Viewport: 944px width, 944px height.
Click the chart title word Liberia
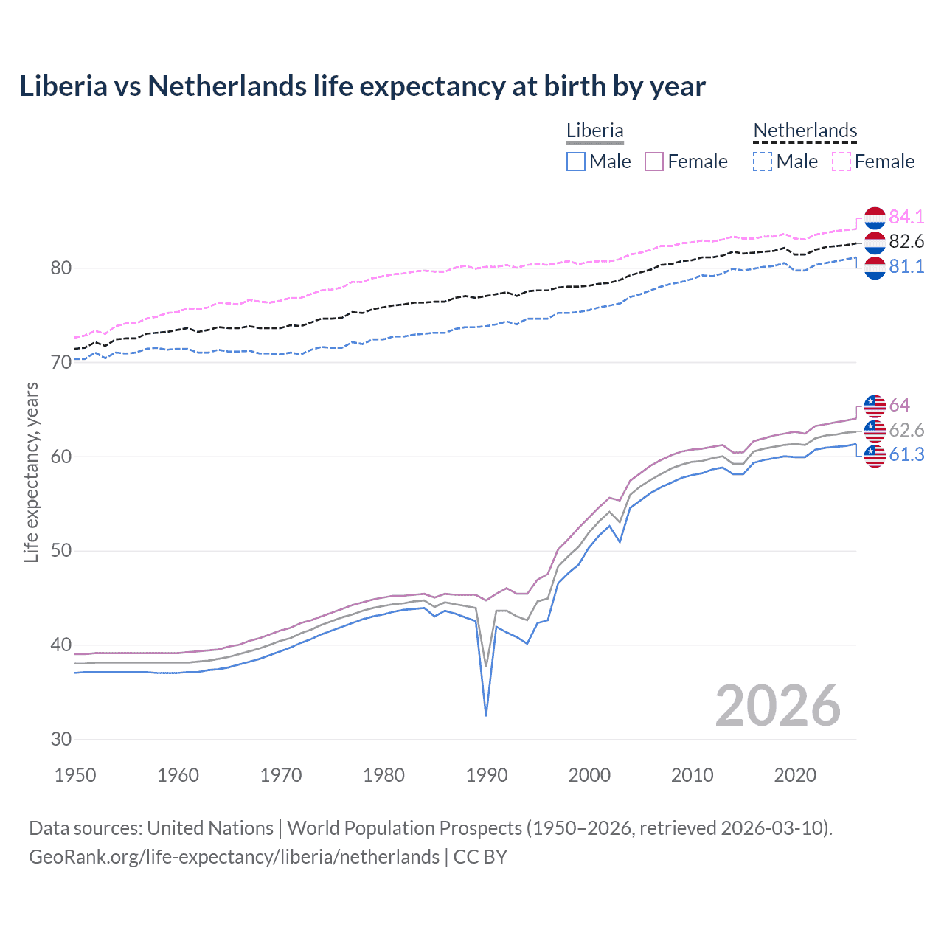pyautogui.click(x=63, y=86)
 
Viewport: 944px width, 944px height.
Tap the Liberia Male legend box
pyautogui.click(x=576, y=162)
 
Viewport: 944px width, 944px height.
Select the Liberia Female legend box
pyautogui.click(x=654, y=162)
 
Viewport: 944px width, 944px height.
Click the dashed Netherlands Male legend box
pyautogui.click(x=763, y=162)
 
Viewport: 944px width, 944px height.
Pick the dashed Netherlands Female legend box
pyautogui.click(x=841, y=162)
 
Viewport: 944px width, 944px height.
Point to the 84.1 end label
pyautogui.click(x=906, y=217)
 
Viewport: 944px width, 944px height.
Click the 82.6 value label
pyautogui.click(x=906, y=242)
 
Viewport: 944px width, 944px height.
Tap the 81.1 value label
pyautogui.click(x=906, y=267)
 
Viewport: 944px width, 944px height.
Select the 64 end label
pyautogui.click(x=899, y=405)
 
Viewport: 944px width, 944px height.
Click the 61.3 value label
pyautogui.click(x=906, y=455)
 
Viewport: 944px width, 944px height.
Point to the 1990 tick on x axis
pyautogui.click(x=487, y=775)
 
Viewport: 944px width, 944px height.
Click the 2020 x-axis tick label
pyautogui.click(x=795, y=775)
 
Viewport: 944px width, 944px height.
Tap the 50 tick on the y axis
pyautogui.click(x=61, y=551)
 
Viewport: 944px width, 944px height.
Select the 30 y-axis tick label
pyautogui.click(x=61, y=739)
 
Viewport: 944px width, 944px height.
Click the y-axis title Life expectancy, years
pyautogui.click(x=32, y=473)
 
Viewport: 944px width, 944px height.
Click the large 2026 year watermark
pyautogui.click(x=777, y=706)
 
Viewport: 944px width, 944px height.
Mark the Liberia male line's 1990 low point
pyautogui.click(x=486, y=715)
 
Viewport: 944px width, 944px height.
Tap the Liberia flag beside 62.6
pyautogui.click(x=875, y=430)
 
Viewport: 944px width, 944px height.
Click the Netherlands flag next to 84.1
pyautogui.click(x=875, y=218)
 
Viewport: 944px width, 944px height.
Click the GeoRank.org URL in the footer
pyautogui.click(x=234, y=857)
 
